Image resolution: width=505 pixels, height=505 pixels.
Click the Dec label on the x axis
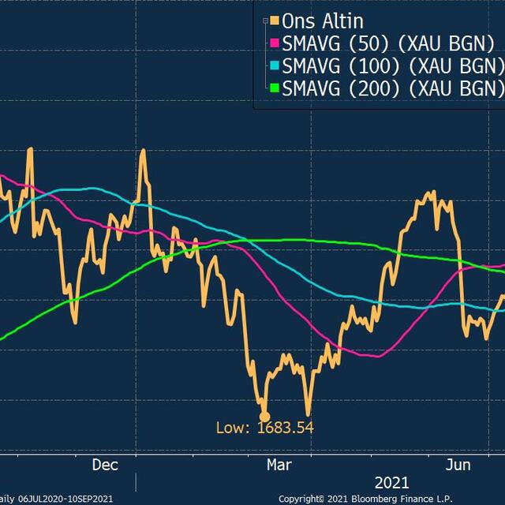[105, 465]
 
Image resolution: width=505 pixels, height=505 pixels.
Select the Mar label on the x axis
[279, 465]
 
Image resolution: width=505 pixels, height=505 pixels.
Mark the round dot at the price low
[264, 415]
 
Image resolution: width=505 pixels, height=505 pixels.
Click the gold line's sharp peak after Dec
[143, 150]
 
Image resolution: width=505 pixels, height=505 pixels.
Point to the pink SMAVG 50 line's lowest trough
[377, 355]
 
